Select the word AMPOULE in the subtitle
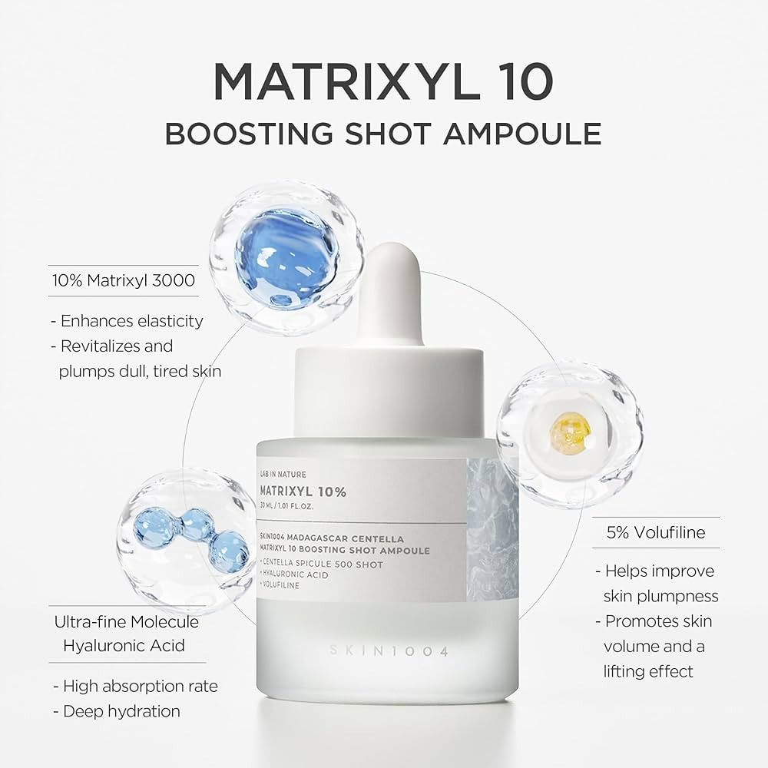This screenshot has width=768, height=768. tap(522, 133)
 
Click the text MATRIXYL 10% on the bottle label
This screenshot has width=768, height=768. tap(302, 492)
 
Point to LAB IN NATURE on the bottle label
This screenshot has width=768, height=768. tap(283, 475)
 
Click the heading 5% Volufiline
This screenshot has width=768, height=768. tap(655, 531)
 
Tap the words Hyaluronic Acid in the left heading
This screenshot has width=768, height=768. tap(124, 646)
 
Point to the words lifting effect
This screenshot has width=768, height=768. tap(648, 670)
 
